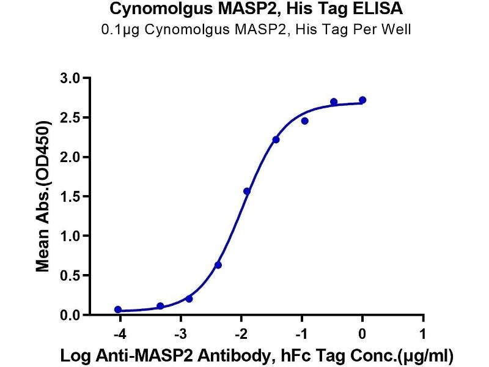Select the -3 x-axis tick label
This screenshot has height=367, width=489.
pyautogui.click(x=180, y=334)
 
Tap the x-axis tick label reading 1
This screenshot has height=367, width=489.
pyautogui.click(x=423, y=334)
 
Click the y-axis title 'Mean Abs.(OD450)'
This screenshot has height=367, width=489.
pyautogui.click(x=42, y=196)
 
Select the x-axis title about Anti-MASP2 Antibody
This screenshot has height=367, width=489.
pyautogui.click(x=257, y=357)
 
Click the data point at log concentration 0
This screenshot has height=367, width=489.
pyautogui.click(x=362, y=100)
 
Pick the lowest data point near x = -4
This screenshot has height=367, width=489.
pyautogui.click(x=118, y=310)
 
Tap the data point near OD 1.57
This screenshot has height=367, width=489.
pyautogui.click(x=247, y=191)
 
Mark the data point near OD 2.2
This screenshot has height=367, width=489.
pyautogui.click(x=276, y=140)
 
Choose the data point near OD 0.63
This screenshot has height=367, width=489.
pyautogui.click(x=218, y=265)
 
